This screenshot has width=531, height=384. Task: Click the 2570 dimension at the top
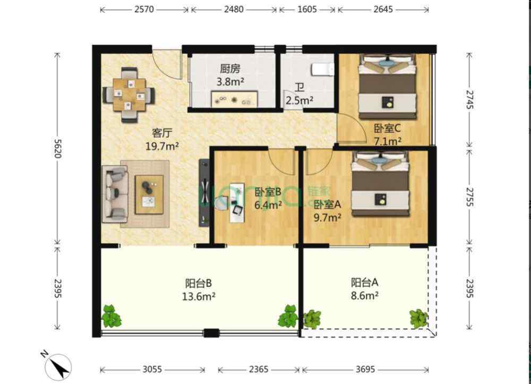[144, 9]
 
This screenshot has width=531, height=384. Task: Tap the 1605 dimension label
[307, 9]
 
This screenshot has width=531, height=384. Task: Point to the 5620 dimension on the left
[57, 148]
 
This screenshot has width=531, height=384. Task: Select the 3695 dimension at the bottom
[365, 369]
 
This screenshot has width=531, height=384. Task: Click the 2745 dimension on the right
[469, 99]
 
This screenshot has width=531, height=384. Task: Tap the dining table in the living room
[129, 95]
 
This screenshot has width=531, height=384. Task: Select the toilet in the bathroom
[322, 70]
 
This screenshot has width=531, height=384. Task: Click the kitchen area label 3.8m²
[230, 82]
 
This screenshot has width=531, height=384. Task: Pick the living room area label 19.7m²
[162, 146]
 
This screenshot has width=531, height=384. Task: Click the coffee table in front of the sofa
[149, 194]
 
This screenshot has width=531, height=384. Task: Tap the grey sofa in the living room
[115, 194]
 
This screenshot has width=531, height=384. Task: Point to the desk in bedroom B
[237, 203]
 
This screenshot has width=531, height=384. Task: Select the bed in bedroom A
[380, 185]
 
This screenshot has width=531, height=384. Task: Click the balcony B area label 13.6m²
[199, 297]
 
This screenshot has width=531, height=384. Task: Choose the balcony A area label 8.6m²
[364, 296]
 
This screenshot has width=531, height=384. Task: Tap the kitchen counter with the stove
[234, 99]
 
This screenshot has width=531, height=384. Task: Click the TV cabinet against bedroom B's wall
[204, 192]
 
